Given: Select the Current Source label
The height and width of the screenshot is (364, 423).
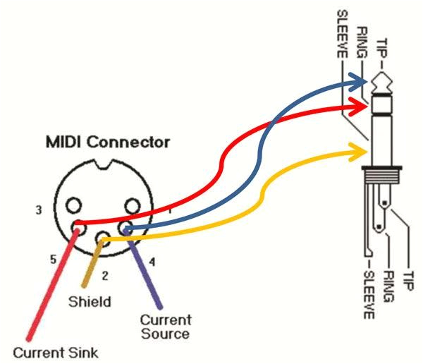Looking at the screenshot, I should (164, 327).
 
